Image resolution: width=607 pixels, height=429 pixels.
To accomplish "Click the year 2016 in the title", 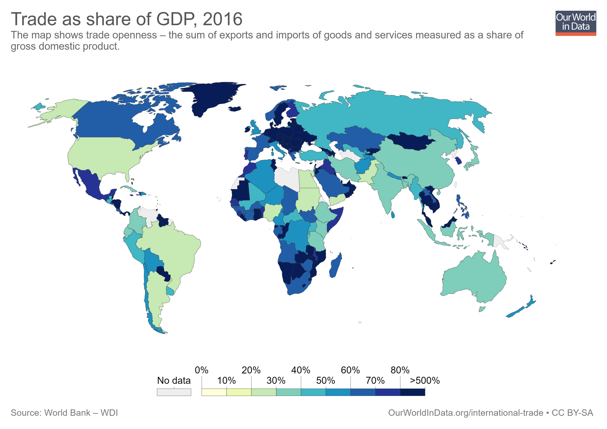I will pyautogui.click(x=222, y=19).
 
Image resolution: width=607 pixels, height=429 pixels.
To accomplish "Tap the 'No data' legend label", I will pyautogui.click(x=174, y=380).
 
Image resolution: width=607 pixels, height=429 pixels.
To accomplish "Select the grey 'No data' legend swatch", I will pyautogui.click(x=174, y=392).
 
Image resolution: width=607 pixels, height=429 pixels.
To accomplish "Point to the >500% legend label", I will pyautogui.click(x=425, y=380).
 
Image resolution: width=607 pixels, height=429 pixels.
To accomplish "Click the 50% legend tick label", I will pyautogui.click(x=325, y=380).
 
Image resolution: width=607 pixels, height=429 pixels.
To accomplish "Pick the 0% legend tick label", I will pyautogui.click(x=202, y=370).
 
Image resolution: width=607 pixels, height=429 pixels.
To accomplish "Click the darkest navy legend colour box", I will pyautogui.click(x=413, y=392).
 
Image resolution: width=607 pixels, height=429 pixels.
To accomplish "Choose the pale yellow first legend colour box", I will pyautogui.click(x=214, y=392).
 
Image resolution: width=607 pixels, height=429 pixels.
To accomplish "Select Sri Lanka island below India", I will pyautogui.click(x=393, y=214).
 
